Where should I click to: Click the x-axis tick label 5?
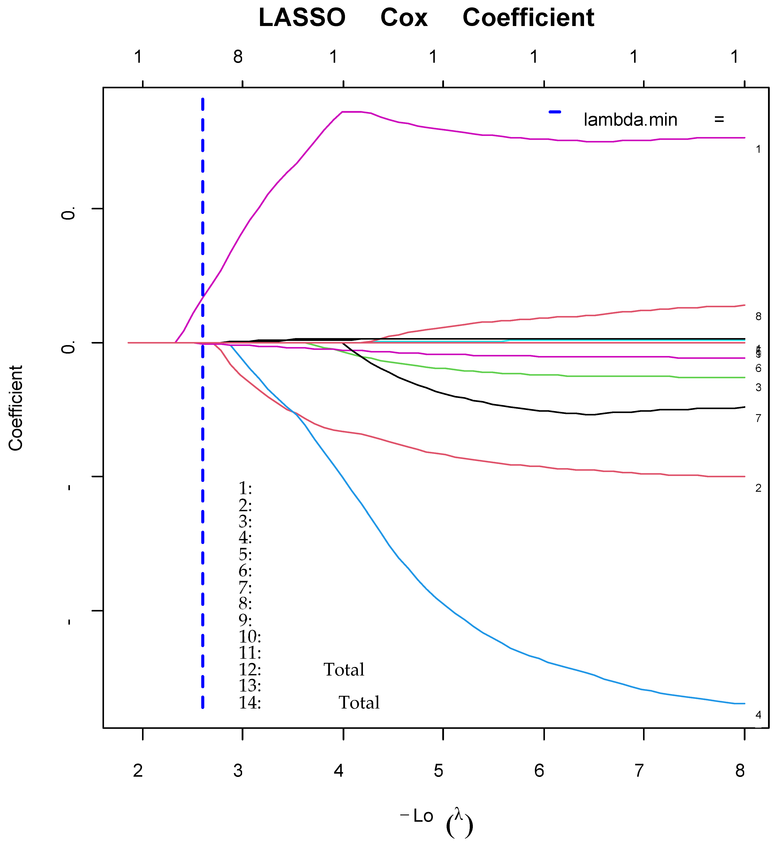(438, 771)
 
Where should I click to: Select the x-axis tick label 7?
(639, 771)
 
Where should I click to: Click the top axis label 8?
(238, 56)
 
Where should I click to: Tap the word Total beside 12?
(344, 670)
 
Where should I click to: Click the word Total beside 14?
(359, 703)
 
